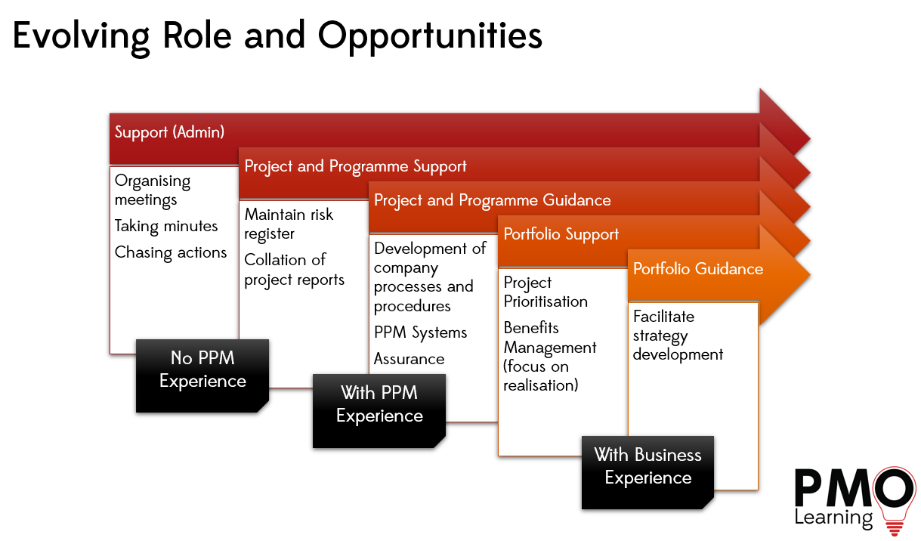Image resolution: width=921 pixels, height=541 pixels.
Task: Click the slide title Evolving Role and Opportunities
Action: point(277,36)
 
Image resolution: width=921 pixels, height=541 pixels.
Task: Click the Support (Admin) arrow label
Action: point(169,132)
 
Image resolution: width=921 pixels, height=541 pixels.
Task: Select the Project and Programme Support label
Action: point(355,166)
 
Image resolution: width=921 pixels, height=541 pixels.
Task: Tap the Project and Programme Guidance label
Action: point(492,200)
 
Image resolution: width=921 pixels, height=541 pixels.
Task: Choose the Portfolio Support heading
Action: point(561,234)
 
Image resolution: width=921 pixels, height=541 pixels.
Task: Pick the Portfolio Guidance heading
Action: point(697,269)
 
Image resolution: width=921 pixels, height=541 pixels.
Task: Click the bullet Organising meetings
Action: point(153,190)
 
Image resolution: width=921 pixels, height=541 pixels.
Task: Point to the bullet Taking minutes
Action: point(166,226)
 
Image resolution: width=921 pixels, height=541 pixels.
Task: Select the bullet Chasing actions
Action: point(171,252)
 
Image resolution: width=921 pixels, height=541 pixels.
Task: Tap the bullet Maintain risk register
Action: point(289,224)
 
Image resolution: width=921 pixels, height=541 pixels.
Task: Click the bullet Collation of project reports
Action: point(294,270)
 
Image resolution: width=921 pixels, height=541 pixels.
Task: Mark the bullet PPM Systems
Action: point(420,332)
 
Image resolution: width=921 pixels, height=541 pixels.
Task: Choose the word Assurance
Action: point(409,359)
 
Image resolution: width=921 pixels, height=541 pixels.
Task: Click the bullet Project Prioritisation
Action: point(545,292)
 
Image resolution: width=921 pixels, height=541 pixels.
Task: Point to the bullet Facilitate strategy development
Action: point(678,335)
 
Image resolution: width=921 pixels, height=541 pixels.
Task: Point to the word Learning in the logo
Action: point(833,518)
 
